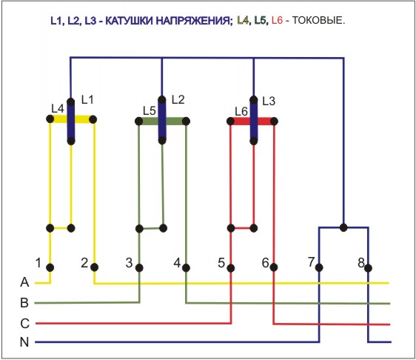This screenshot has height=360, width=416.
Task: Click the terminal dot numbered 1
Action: coord(50,267)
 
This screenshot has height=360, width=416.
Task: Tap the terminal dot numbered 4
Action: coord(186,268)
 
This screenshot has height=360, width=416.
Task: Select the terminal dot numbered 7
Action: coord(319,267)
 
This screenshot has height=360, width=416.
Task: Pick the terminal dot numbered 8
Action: coord(368,268)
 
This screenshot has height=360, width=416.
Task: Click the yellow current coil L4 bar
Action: coord(71,119)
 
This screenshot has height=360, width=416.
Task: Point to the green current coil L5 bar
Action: coord(162,121)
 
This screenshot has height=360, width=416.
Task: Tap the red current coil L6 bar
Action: coord(252,121)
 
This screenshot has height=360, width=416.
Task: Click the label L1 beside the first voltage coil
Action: coord(87,100)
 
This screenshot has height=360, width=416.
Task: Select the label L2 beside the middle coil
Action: coord(178,99)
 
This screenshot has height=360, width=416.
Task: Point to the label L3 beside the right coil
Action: coord(269,101)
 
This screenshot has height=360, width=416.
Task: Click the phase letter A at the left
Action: coord(24,282)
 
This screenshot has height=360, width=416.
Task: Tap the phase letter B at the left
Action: coord(24,303)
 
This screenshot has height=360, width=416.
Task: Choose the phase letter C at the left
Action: coord(24,324)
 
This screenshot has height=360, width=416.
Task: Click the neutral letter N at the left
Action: coord(24,342)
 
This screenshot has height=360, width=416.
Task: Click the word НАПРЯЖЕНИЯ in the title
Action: coord(194,21)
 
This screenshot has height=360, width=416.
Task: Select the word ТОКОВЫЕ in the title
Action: coord(318,20)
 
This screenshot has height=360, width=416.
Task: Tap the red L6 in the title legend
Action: coord(278,20)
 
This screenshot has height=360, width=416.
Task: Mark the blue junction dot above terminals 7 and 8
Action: coord(343,227)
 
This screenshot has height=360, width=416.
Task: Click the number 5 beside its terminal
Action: coord(221,263)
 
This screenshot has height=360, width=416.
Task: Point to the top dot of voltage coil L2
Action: coord(162,100)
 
